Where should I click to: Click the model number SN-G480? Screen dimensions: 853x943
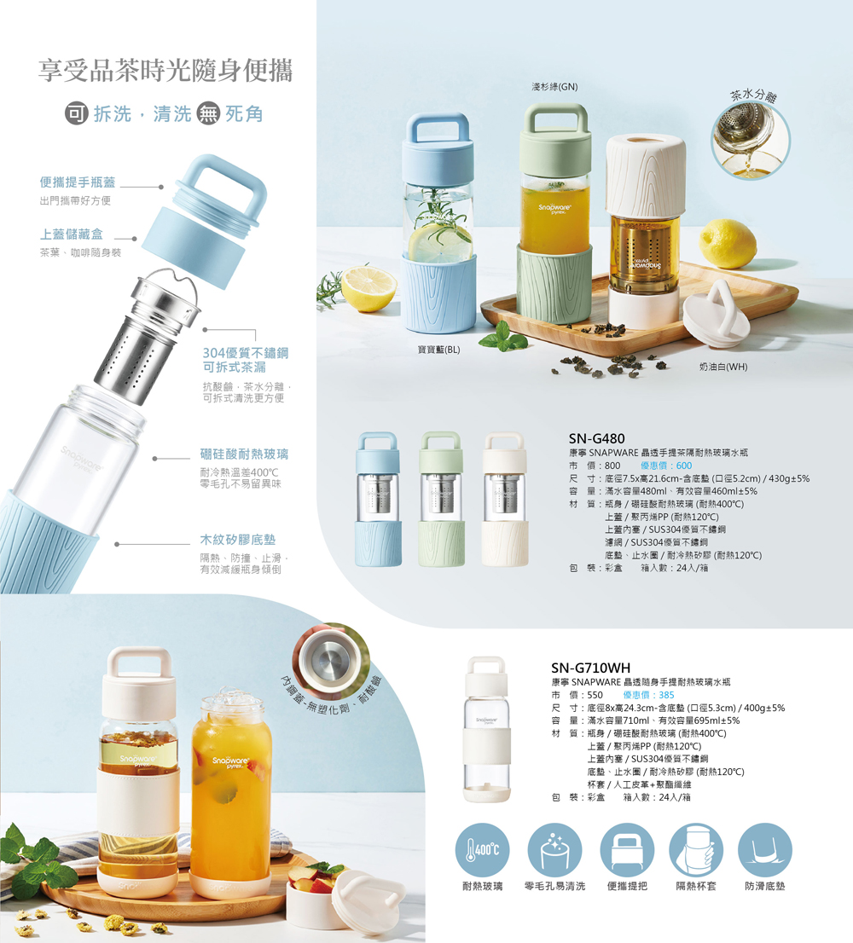pyautogui.click(x=597, y=438)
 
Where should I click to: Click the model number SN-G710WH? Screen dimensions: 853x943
pyautogui.click(x=591, y=668)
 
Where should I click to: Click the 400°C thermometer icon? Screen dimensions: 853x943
pyautogui.click(x=483, y=850)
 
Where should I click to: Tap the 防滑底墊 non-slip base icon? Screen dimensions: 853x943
pyautogui.click(x=764, y=850)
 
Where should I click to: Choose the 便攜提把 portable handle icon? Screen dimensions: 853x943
pyautogui.click(x=627, y=850)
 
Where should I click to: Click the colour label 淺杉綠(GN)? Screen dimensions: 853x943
pyautogui.click(x=554, y=87)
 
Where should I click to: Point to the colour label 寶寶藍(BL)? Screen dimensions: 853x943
pyautogui.click(x=438, y=350)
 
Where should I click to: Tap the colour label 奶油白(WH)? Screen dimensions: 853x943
pyautogui.click(x=723, y=367)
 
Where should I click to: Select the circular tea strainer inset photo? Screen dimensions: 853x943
pyautogui.click(x=750, y=141)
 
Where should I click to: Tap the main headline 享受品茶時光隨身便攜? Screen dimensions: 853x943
pyautogui.click(x=165, y=70)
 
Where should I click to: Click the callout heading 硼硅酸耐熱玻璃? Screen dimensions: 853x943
pyautogui.click(x=244, y=454)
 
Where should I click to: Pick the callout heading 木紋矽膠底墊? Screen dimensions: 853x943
pyautogui.click(x=238, y=540)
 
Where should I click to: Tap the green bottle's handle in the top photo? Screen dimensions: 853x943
pyautogui.click(x=555, y=119)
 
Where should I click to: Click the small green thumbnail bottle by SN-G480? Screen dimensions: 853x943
pyautogui.click(x=442, y=499)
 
